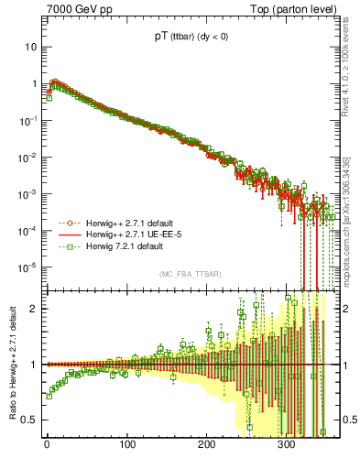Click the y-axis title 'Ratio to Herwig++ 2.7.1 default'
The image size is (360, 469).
click(x=13, y=365)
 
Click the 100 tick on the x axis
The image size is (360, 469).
click(x=127, y=444)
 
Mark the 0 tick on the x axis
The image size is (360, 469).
click(x=48, y=444)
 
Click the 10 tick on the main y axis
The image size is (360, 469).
click(x=31, y=47)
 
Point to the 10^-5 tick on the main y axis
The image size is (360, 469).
click(x=27, y=267)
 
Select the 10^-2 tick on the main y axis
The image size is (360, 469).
click(x=27, y=158)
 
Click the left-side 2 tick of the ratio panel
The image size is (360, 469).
click(x=34, y=309)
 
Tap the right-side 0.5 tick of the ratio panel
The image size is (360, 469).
click(x=344, y=420)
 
